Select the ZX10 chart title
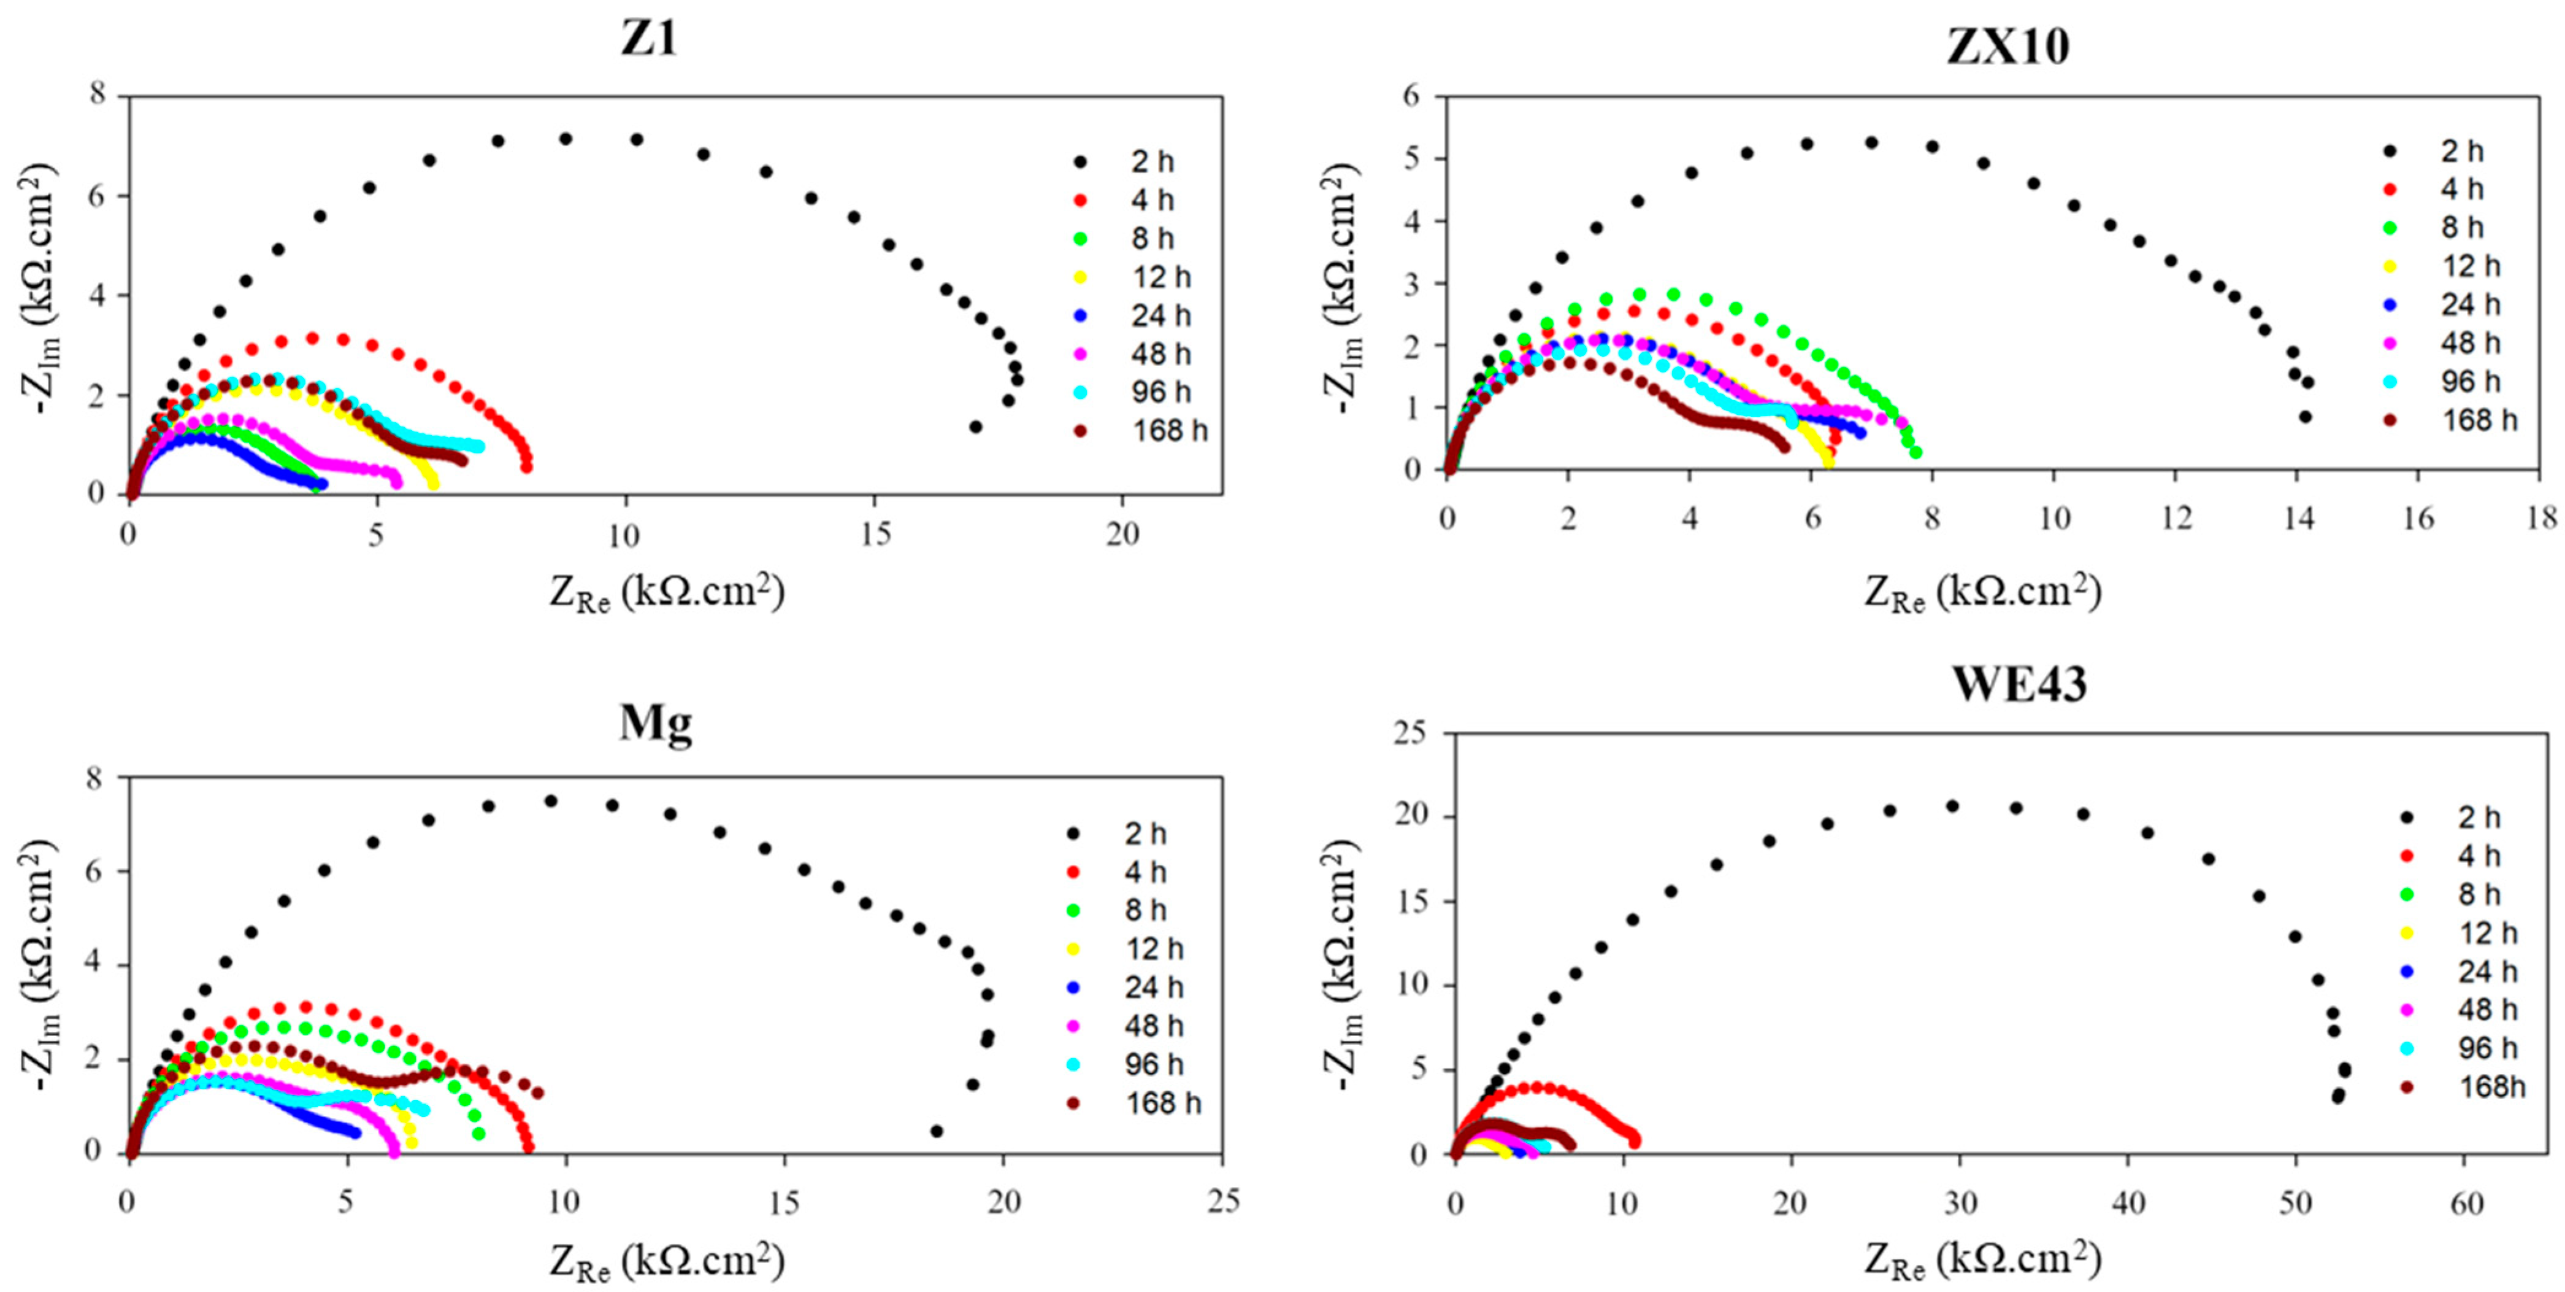click(2007, 46)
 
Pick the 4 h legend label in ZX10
click(2463, 189)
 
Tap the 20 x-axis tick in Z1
click(1122, 535)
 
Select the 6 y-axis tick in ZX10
click(1413, 96)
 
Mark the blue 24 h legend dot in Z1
click(1080, 315)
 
